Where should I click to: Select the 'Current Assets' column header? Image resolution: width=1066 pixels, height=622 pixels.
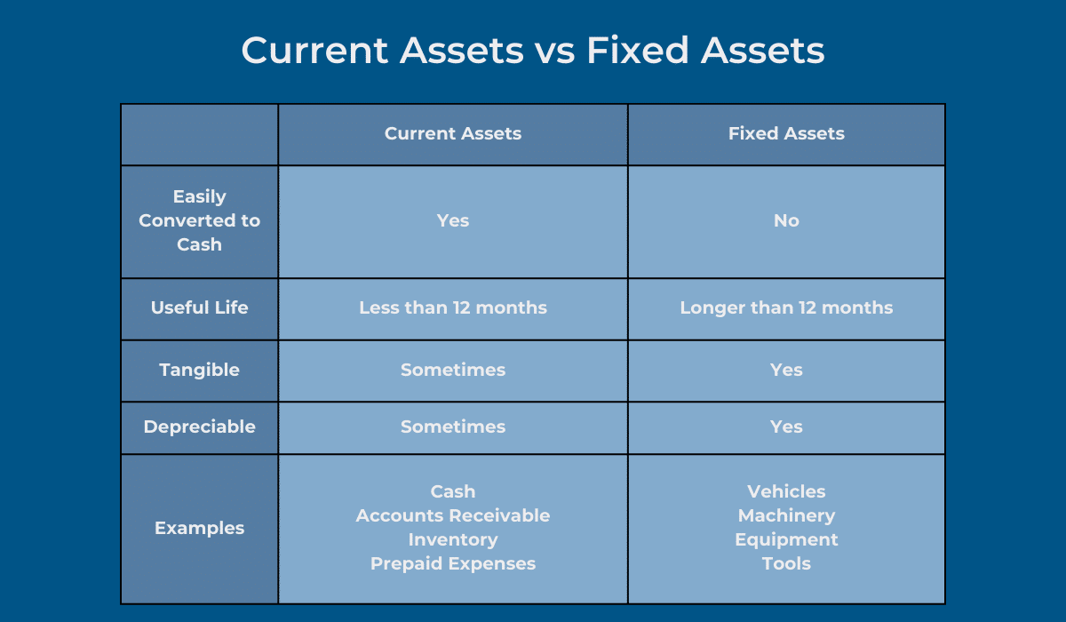click(x=453, y=133)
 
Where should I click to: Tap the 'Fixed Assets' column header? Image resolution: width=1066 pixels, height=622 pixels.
click(x=786, y=133)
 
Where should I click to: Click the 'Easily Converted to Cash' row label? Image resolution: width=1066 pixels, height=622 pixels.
click(x=199, y=220)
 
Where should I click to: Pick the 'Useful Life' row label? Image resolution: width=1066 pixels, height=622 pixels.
click(x=199, y=307)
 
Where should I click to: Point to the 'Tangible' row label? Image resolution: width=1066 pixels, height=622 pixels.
click(x=199, y=370)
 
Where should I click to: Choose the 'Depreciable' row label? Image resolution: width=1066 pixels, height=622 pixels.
click(x=199, y=427)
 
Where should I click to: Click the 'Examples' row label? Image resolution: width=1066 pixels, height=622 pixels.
click(x=199, y=528)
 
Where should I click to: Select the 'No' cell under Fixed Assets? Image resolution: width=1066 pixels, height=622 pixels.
click(x=786, y=220)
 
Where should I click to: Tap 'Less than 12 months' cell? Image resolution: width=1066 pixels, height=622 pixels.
click(x=453, y=307)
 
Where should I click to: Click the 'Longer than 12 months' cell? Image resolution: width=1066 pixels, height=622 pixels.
click(x=786, y=307)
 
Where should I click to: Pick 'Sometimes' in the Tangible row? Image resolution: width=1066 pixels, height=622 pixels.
click(x=453, y=370)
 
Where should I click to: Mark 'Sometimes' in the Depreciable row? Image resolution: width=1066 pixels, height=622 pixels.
click(x=453, y=427)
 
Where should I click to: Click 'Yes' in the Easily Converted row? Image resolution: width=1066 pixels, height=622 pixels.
click(x=453, y=220)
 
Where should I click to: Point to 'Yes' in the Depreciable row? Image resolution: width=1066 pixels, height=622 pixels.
click(x=786, y=427)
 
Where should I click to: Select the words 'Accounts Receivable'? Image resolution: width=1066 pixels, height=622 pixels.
click(x=453, y=515)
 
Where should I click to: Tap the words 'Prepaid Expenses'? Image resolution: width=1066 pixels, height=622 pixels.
click(x=453, y=563)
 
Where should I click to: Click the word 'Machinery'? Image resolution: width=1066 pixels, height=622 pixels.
click(x=786, y=515)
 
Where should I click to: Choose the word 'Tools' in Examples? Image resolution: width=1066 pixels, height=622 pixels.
click(x=786, y=563)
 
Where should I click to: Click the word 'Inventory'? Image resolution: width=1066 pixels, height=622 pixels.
click(x=453, y=539)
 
